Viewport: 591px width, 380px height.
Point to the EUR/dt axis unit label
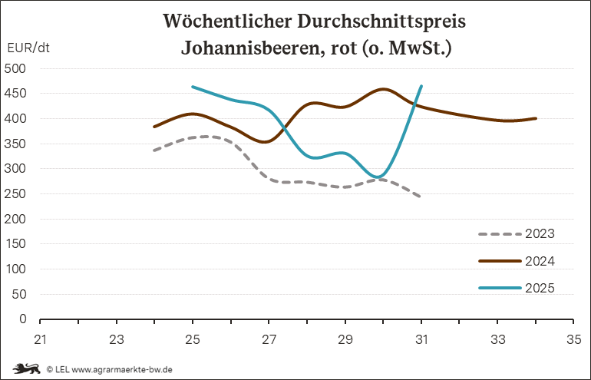(x=28, y=48)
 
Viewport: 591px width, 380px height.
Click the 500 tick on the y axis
(x=16, y=68)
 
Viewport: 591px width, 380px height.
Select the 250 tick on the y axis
(x=16, y=193)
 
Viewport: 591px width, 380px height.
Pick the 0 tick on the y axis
(x=23, y=319)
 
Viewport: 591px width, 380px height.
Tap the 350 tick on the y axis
(x=16, y=144)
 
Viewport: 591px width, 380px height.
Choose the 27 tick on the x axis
(x=269, y=339)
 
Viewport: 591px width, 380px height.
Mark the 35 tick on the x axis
(x=572, y=339)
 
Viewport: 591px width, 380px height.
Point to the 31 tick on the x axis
(x=421, y=339)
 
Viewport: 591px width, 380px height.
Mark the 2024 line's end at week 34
(x=535, y=118)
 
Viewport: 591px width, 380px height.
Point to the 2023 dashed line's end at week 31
(x=421, y=197)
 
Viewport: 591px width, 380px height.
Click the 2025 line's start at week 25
(x=193, y=87)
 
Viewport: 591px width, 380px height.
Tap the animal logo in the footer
(x=26, y=368)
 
